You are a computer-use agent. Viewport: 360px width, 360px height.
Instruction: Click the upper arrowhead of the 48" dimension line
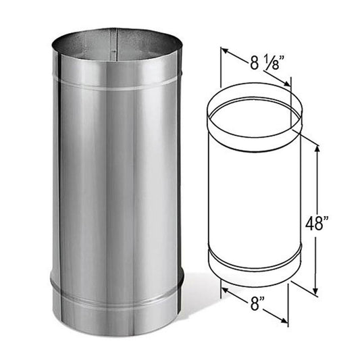pos(316,145)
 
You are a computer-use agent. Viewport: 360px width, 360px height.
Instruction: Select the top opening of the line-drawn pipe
pos(253,112)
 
